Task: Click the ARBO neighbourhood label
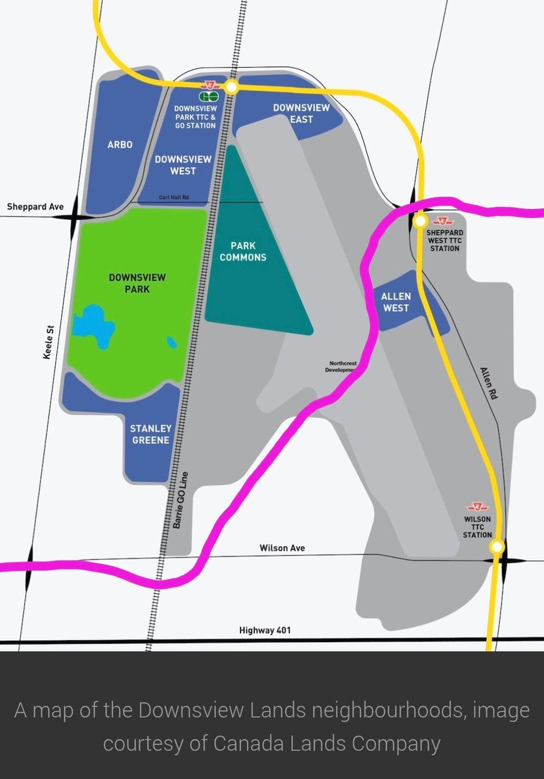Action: [120, 145]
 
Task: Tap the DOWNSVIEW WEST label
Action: [175, 165]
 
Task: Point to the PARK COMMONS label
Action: [243, 251]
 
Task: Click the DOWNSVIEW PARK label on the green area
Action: [137, 283]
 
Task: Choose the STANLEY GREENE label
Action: [150, 434]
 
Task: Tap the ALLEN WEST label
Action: [396, 302]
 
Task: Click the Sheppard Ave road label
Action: [36, 207]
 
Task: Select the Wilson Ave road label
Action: [282, 548]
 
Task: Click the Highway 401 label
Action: [266, 630]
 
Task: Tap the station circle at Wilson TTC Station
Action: [497, 547]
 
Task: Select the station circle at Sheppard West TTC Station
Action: [420, 221]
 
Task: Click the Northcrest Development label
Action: [342, 366]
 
